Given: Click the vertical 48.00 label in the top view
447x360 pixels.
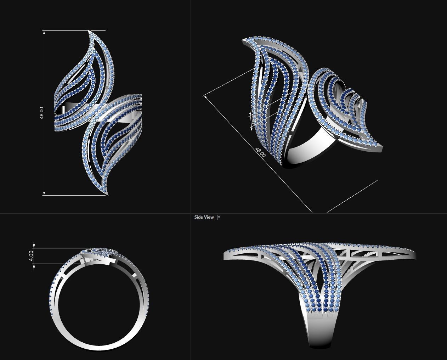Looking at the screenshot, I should (42, 112).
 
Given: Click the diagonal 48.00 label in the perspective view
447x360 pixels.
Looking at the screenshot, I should (260, 152).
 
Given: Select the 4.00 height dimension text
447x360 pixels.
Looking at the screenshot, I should (31, 255).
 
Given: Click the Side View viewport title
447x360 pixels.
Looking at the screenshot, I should (204, 217).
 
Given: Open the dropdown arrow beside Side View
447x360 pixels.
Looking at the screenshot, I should (219, 217).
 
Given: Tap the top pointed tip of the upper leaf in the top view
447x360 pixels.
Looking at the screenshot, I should (89, 31).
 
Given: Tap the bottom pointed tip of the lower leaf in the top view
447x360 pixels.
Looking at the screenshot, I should (107, 194).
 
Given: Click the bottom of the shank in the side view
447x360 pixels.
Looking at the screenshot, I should (321, 345).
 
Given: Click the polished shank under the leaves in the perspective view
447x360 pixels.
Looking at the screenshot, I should (312, 149).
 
